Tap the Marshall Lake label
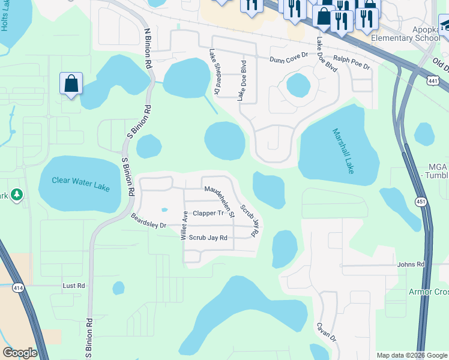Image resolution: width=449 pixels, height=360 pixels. [343, 151]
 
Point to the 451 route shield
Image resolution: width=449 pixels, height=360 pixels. [422, 202]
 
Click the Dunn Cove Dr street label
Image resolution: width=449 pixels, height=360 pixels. [289, 59]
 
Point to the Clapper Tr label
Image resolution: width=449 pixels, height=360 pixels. [208, 213]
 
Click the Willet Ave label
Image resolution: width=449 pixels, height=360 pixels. [184, 226]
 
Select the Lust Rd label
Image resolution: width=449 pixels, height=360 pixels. [74, 286]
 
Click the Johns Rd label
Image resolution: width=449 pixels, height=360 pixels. [411, 264]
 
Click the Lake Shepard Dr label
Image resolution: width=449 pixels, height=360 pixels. [214, 73]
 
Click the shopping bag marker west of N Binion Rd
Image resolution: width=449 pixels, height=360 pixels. [71, 83]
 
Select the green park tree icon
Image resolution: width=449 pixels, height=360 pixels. [17, 194]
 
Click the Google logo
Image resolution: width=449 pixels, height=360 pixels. [20, 353]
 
